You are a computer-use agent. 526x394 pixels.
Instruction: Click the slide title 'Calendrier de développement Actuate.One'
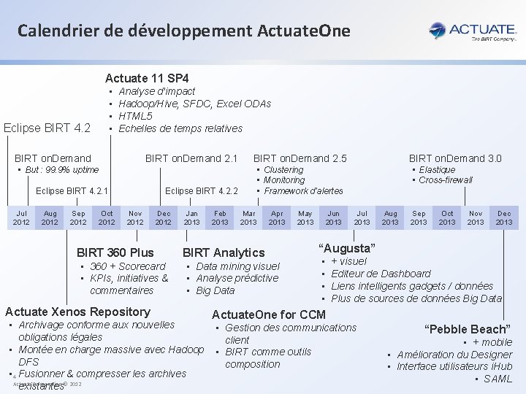click(184, 31)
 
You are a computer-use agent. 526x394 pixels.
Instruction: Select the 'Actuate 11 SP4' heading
click(147, 77)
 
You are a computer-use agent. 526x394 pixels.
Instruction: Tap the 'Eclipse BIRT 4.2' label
click(47, 128)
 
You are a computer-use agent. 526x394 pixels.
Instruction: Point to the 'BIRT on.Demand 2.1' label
click(191, 158)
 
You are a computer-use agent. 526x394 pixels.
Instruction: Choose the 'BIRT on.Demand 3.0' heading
click(454, 158)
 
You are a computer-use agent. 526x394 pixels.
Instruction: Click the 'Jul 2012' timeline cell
click(21, 217)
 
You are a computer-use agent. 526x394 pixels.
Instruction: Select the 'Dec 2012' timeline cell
click(163, 217)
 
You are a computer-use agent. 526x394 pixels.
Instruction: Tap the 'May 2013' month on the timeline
click(305, 217)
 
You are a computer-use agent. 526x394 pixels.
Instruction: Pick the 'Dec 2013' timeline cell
click(504, 217)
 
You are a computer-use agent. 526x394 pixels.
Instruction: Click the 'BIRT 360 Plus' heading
click(115, 252)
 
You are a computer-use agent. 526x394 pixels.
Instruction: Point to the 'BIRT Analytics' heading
click(224, 252)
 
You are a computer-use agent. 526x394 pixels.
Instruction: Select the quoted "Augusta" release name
click(348, 248)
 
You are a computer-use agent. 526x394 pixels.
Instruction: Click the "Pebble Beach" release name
click(468, 329)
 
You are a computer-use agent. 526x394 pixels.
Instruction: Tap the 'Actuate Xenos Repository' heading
click(77, 312)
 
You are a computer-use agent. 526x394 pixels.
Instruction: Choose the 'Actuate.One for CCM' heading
click(268, 314)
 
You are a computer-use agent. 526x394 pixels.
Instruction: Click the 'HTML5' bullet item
click(135, 116)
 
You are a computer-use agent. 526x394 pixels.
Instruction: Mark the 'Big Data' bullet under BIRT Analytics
click(216, 290)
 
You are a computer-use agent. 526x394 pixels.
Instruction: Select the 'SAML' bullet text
click(498, 379)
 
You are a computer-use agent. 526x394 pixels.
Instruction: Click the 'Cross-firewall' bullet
click(446, 180)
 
